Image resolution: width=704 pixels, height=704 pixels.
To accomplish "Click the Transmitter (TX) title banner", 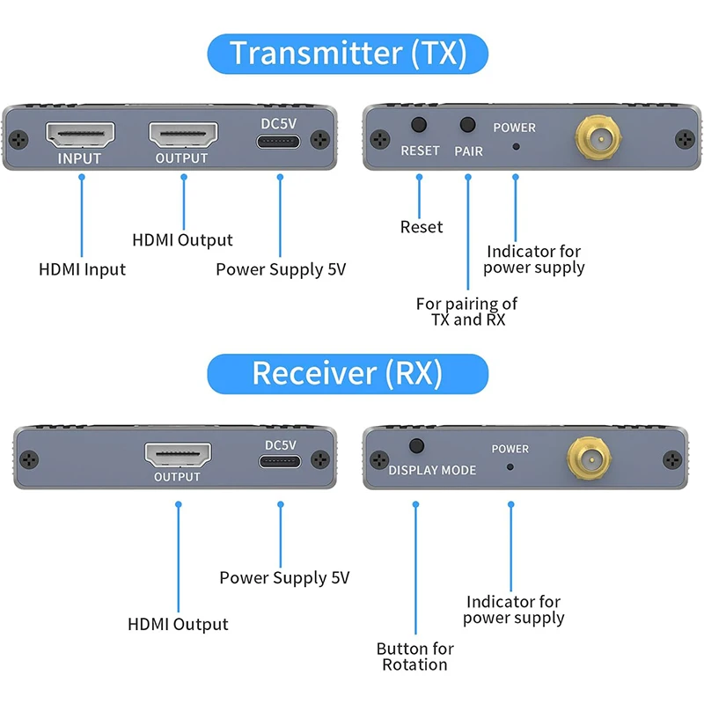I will [348, 54].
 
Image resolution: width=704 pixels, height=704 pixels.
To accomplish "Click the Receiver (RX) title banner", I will [347, 373].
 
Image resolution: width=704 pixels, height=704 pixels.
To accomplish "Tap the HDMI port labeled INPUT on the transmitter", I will [80, 135].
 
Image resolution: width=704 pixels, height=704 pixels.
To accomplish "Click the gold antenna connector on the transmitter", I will [597, 138].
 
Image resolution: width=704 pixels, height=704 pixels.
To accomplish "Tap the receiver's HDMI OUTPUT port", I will [178, 455].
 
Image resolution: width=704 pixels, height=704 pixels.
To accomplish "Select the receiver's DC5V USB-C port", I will [280, 462].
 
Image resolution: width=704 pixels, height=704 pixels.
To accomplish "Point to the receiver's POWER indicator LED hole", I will [510, 466].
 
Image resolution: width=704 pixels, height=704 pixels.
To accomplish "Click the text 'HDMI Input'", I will [82, 269].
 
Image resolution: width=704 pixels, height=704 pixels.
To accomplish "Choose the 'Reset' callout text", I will [422, 227].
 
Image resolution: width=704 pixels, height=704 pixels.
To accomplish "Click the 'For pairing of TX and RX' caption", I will [467, 312].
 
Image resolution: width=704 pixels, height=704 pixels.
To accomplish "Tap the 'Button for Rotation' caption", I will [414, 656].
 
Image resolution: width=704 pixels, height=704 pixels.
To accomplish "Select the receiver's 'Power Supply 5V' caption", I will [284, 578].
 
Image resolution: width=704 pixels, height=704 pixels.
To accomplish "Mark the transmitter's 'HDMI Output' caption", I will [182, 240].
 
